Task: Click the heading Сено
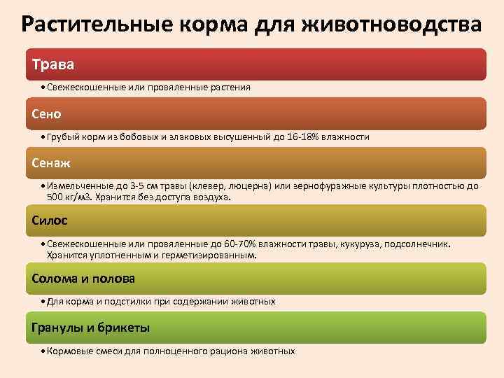coord(47,113)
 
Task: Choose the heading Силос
coord(50,220)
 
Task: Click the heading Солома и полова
coord(83,279)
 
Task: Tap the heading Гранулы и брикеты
coord(91,328)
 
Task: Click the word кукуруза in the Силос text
coord(358,244)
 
